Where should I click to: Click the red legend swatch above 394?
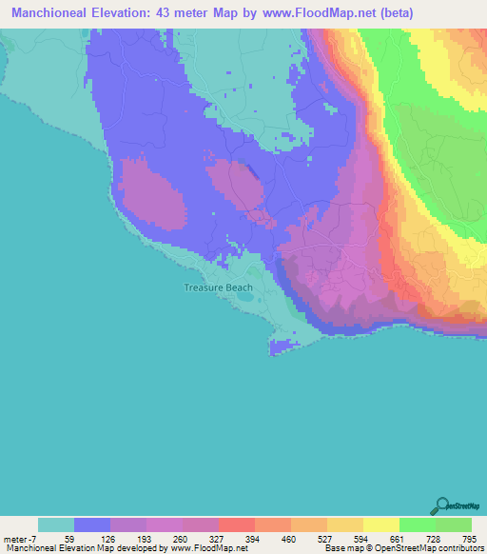pyautogui.click(x=237, y=524)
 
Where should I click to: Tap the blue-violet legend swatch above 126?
pyautogui.click(x=92, y=524)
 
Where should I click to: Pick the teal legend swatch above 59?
pyautogui.click(x=56, y=524)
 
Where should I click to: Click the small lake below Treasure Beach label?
pyautogui.click(x=244, y=296)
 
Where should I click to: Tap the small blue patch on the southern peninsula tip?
pyautogui.click(x=277, y=349)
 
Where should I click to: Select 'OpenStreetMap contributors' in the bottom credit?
pyautogui.click(x=433, y=548)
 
